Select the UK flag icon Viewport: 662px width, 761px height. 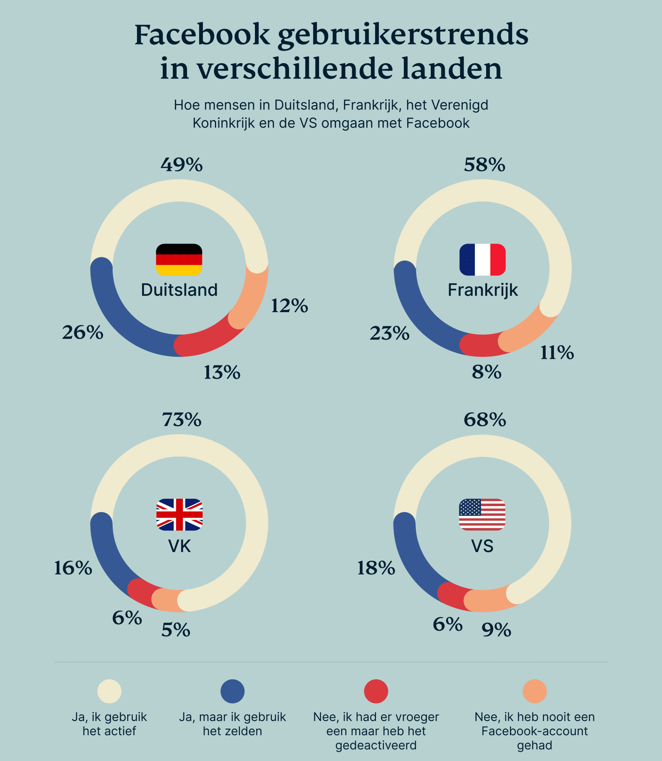pyautogui.click(x=179, y=515)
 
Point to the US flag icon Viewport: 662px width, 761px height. pyautogui.click(x=482, y=515)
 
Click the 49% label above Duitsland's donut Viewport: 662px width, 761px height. pyautogui.click(x=181, y=165)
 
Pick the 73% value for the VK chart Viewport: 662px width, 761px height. pyautogui.click(x=182, y=420)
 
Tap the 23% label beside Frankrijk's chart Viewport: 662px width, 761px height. pyautogui.click(x=389, y=333)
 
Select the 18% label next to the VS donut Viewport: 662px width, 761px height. pyautogui.click(x=376, y=568)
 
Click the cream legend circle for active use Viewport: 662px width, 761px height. pyautogui.click(x=109, y=691)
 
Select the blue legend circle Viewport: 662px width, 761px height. pyautogui.click(x=232, y=691)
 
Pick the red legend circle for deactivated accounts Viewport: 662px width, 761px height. pyautogui.click(x=376, y=691)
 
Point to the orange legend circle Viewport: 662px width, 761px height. pyautogui.click(x=534, y=691)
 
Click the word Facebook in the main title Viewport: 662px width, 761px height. pyautogui.click(x=202, y=35)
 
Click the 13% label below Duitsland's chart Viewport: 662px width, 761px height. pyautogui.click(x=222, y=372)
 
